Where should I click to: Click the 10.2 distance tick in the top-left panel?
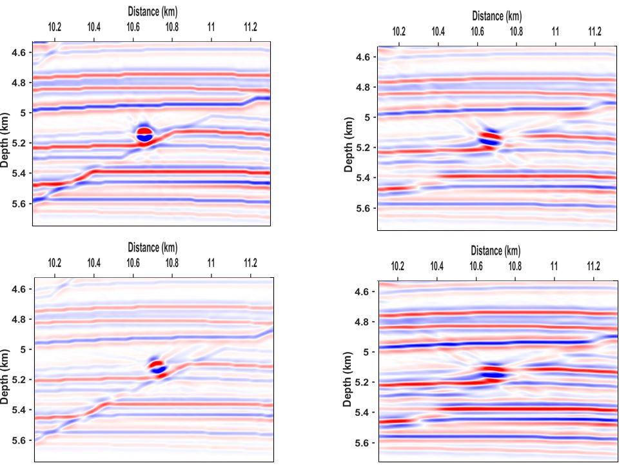[x=55, y=27]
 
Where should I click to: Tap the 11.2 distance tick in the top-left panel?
[x=250, y=27]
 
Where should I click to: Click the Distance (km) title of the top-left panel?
[x=152, y=12]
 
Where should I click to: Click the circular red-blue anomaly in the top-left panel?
[x=144, y=134]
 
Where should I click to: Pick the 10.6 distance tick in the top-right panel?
[x=477, y=32]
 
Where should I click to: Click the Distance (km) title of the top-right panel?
[x=496, y=16]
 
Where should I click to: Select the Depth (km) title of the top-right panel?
[x=349, y=144]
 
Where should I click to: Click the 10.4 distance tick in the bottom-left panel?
[x=94, y=263]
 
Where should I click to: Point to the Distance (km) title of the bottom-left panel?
[x=152, y=248]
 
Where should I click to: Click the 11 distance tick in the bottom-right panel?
[x=554, y=267]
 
